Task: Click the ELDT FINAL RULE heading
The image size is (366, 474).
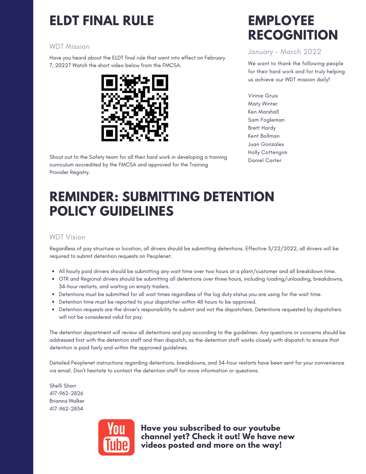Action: point(102,21)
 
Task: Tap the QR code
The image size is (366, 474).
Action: point(135,108)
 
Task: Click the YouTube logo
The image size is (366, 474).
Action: point(116,437)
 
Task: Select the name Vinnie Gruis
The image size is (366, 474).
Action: point(263,96)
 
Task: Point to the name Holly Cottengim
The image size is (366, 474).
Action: point(267,152)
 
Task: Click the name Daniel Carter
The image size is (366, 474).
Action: point(264,160)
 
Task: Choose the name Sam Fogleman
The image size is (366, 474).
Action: point(266,120)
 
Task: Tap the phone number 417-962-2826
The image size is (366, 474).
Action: point(66,393)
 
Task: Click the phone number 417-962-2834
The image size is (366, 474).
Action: point(66,409)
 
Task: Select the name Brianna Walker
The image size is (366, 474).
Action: point(67,401)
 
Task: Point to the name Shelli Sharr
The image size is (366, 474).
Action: point(63,385)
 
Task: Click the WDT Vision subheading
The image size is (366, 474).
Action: point(67,237)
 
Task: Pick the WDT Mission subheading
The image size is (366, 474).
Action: point(69,47)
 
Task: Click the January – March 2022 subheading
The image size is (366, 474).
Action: point(285,52)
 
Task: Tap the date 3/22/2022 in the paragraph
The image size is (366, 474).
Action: point(282,248)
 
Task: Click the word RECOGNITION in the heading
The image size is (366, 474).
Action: point(293,35)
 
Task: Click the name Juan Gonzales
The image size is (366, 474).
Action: point(266,144)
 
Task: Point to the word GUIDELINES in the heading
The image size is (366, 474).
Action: point(137,211)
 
